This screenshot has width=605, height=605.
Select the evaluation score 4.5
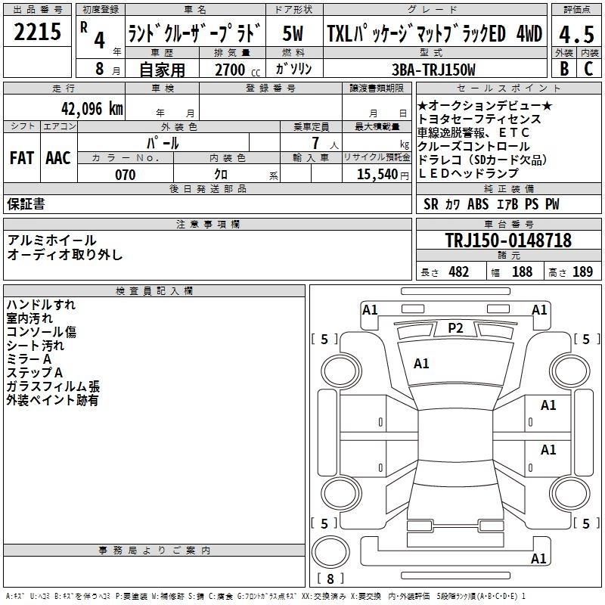(576, 35)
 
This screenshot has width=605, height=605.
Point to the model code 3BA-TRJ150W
(436, 70)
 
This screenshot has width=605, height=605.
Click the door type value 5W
(293, 34)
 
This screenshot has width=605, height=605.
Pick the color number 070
(126, 175)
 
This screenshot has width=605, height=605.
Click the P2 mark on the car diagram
(455, 327)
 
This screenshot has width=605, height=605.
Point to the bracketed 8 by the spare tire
(330, 579)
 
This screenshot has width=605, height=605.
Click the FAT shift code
(21, 158)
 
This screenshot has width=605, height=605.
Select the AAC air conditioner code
(57, 158)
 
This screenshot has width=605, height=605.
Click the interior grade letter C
(588, 69)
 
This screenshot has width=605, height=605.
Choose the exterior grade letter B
(563, 69)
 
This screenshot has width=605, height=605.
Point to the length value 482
(458, 272)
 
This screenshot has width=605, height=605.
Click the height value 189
(582, 272)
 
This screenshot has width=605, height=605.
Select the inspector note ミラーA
(29, 359)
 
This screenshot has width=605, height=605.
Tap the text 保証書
(26, 204)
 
